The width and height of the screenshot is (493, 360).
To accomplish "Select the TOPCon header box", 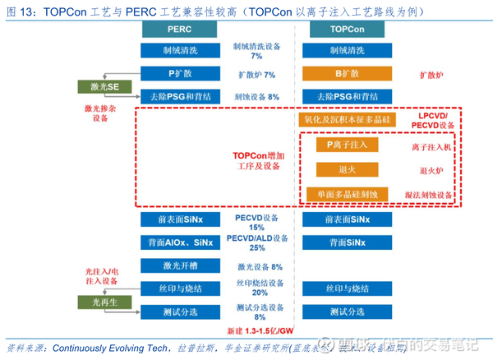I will click(346, 29).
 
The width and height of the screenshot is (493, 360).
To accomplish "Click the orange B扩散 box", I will click(346, 74).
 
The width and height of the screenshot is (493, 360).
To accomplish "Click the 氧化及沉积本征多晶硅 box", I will click(346, 120).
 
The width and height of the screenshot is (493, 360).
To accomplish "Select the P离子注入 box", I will click(346, 145).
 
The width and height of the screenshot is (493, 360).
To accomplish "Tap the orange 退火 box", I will click(346, 170).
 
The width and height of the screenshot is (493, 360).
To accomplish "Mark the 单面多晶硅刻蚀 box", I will click(346, 195).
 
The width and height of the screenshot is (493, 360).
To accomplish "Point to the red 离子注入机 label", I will click(431, 148).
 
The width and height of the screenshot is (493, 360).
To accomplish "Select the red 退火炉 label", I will click(431, 171).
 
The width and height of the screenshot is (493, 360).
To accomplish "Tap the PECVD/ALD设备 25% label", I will click(258, 242).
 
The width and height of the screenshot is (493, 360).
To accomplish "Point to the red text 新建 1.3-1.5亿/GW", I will click(260, 330).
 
